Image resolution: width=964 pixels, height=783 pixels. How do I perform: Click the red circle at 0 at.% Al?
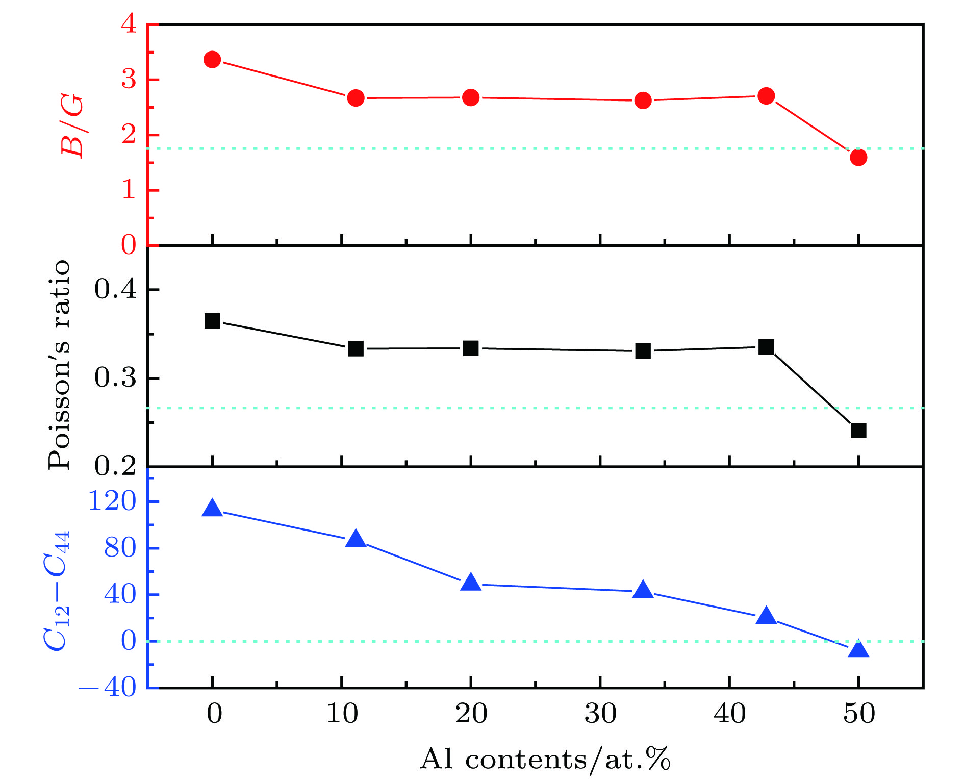coord(212,60)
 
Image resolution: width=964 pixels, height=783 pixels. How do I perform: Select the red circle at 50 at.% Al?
coord(858,157)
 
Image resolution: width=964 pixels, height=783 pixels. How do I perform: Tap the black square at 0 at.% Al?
coord(212,321)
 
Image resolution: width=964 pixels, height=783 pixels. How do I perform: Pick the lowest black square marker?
coord(858,431)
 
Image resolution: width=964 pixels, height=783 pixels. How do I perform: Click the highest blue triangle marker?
coord(212,509)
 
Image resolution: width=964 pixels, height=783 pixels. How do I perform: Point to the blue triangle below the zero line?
coord(858,649)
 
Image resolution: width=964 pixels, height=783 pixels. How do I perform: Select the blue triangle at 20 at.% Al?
coord(471,583)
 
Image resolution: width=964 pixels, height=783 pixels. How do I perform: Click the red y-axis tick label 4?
coord(130,24)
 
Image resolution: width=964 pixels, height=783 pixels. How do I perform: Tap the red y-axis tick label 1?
coord(130,190)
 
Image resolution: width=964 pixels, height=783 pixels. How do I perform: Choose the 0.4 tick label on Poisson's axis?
coord(116,289)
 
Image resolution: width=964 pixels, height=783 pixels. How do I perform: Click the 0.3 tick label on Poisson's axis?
coord(116,378)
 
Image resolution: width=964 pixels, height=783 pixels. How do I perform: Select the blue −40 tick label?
coord(108,688)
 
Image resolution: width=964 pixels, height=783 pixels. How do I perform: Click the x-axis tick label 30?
coord(600,714)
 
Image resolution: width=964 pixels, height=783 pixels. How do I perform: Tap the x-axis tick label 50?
coord(859,714)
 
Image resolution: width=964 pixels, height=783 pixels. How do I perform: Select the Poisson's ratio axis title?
coord(59,364)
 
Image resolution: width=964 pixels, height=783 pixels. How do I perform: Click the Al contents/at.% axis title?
coord(545,760)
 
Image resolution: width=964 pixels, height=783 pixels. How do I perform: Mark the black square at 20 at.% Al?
coord(471,348)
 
